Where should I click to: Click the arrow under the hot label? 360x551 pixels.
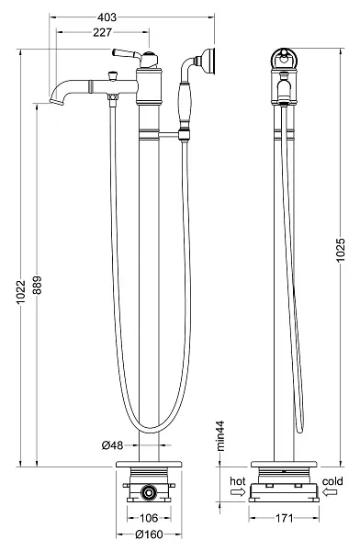[236, 492]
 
